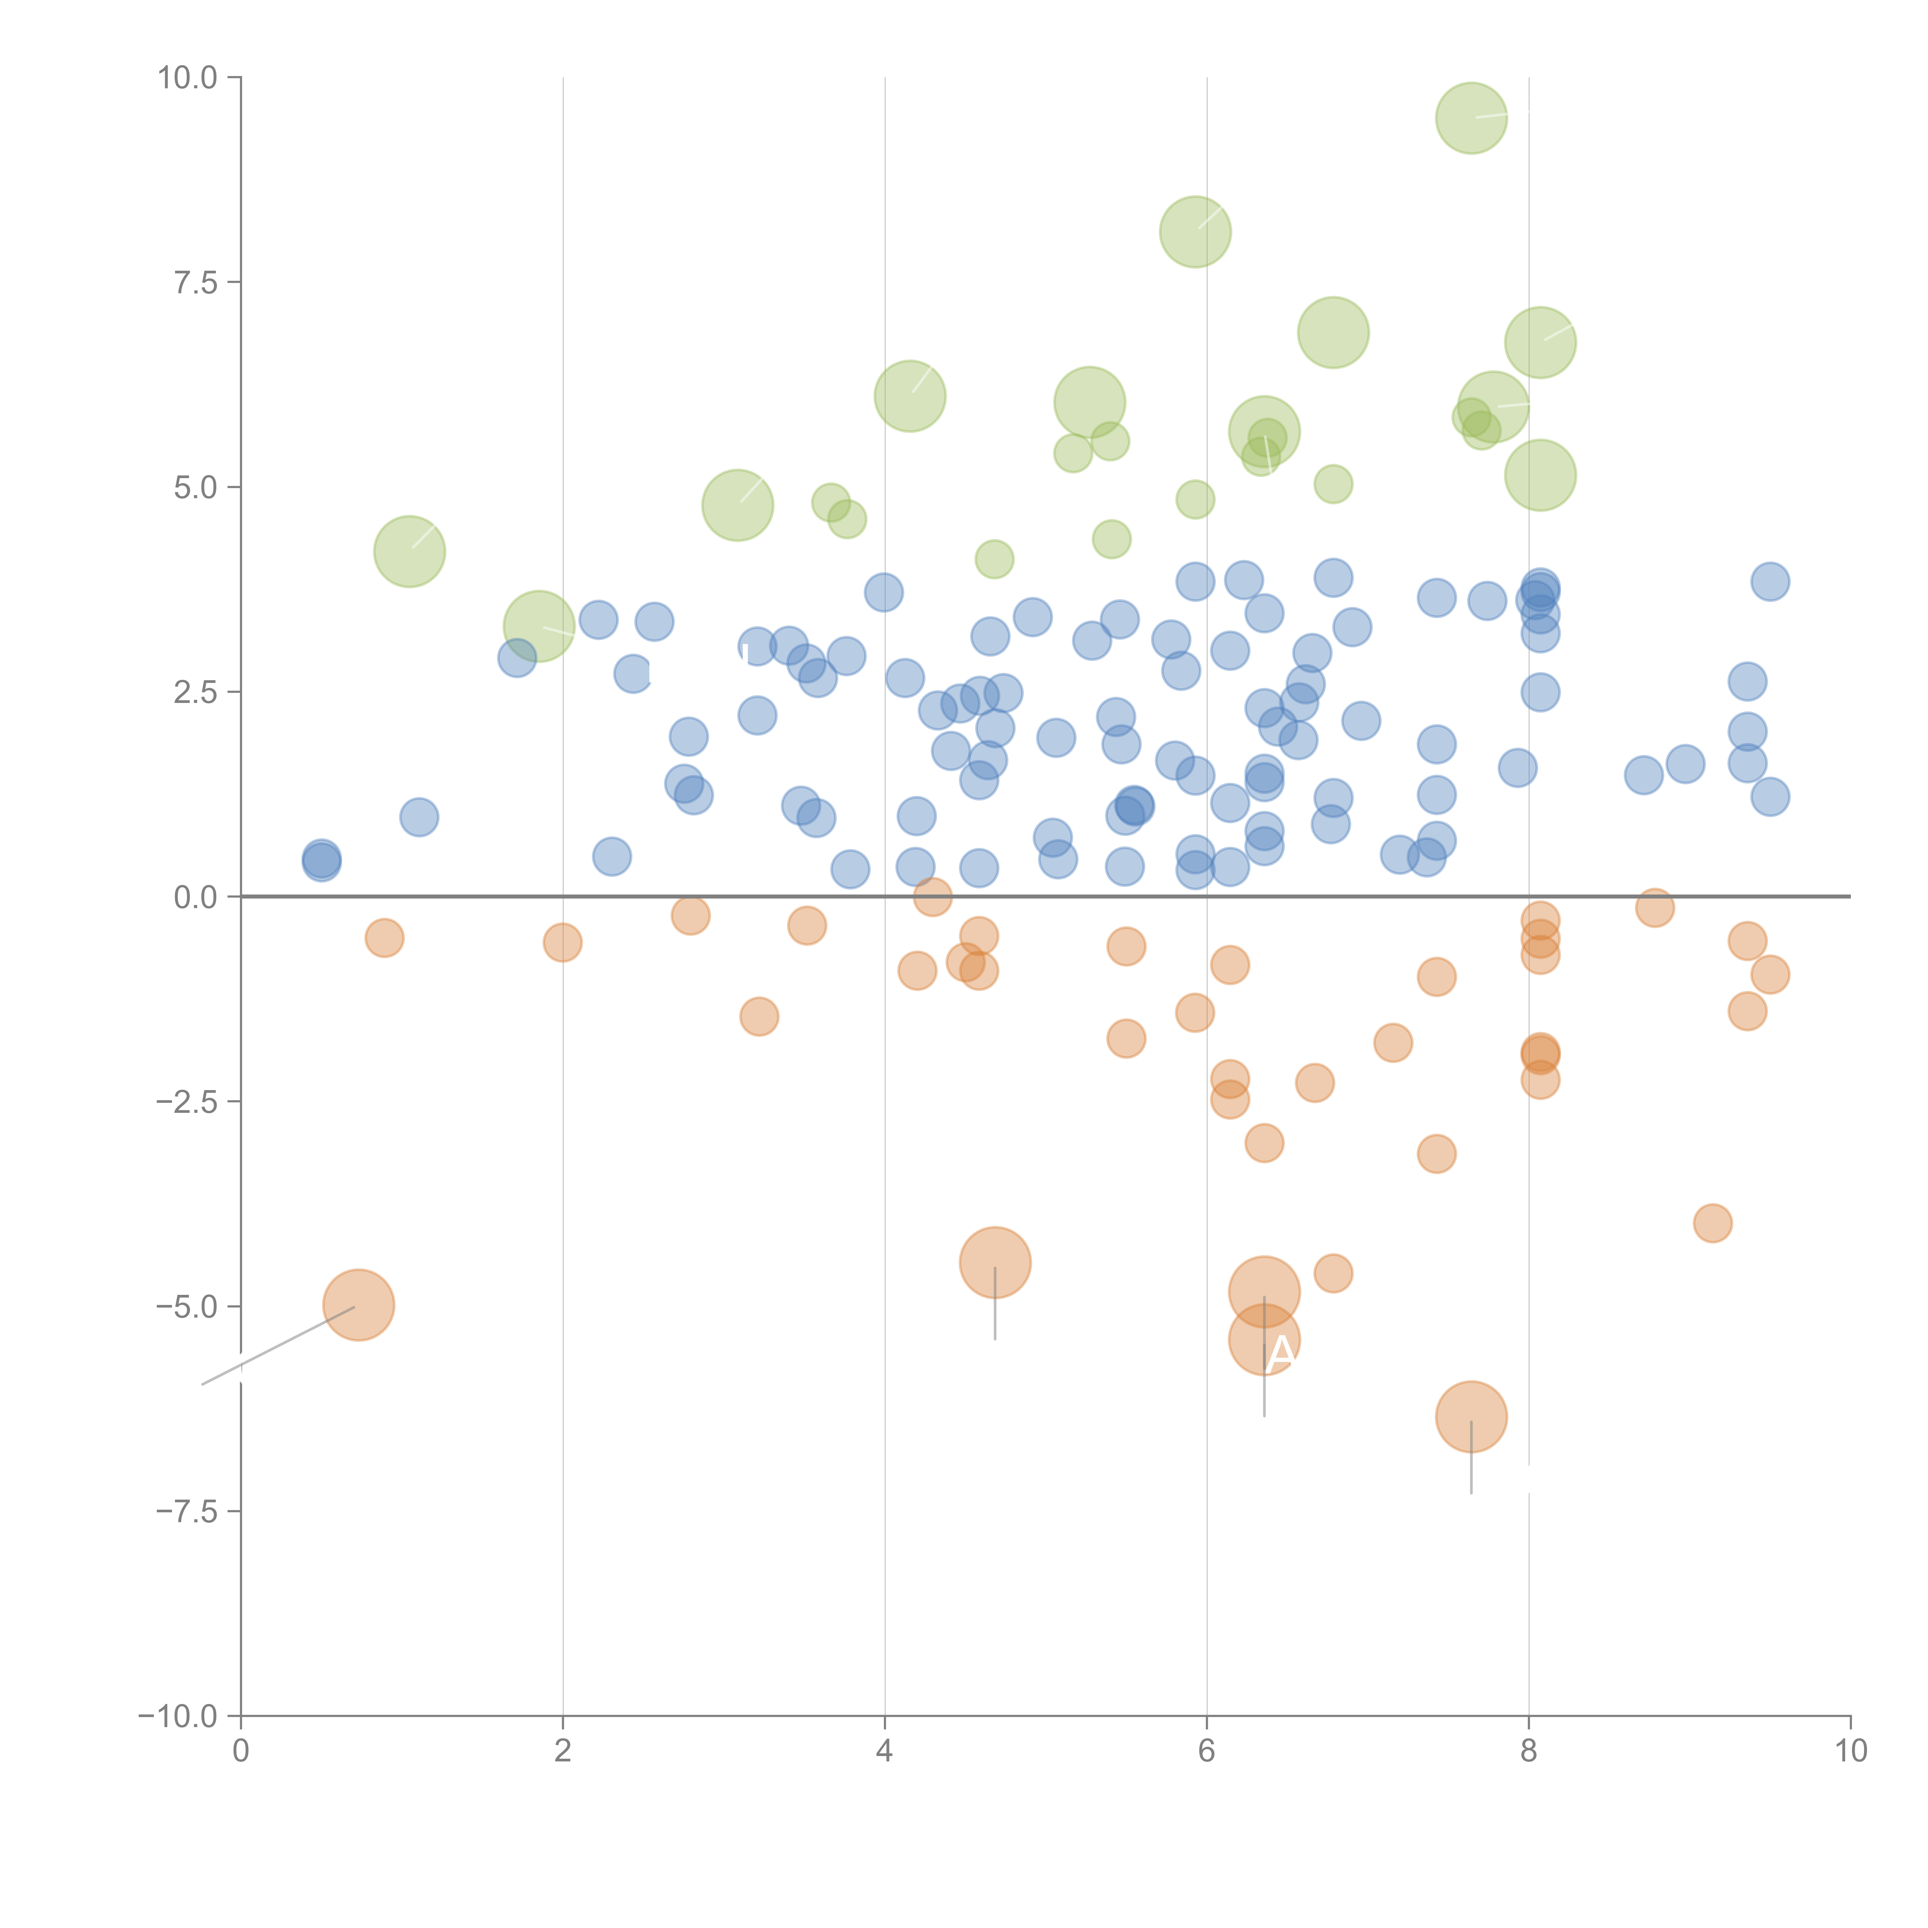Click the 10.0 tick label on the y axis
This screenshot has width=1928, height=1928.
click(x=188, y=78)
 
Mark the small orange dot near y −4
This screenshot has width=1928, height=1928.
click(x=1712, y=1224)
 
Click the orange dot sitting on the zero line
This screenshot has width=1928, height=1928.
click(x=932, y=897)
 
